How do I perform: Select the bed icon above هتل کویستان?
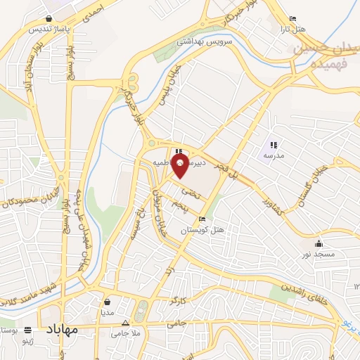click(x=202, y=219)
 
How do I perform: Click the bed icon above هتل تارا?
click(x=293, y=18)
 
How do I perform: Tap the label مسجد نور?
click(x=320, y=253)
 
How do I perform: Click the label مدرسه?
click(x=274, y=154)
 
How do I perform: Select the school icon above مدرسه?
click(x=274, y=144)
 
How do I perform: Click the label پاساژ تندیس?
click(x=47, y=29)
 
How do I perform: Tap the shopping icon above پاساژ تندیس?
click(x=47, y=19)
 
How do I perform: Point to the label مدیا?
click(x=107, y=311)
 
